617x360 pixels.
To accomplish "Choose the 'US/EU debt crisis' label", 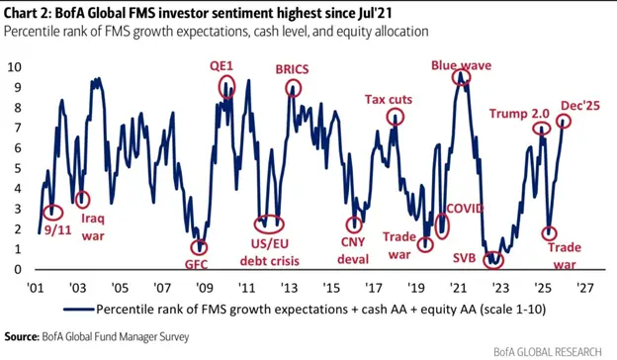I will (272, 252).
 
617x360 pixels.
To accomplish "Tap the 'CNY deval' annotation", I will (353, 252).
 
